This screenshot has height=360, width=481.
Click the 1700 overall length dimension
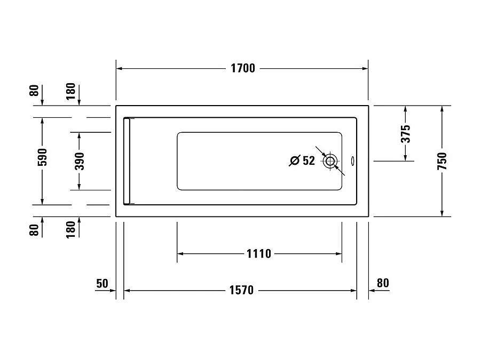(242, 68)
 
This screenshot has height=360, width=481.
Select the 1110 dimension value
(259, 253)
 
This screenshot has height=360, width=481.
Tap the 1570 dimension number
(241, 290)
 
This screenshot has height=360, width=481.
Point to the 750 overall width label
(442, 161)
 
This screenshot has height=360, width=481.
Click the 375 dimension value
(406, 134)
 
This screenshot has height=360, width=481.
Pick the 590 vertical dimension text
(43, 157)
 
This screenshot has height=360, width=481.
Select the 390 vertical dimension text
(79, 161)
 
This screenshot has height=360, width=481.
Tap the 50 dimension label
(102, 283)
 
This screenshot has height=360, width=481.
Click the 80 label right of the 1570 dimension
(383, 283)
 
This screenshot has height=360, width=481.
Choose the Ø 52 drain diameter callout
(302, 161)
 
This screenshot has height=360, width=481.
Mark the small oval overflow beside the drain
(352, 161)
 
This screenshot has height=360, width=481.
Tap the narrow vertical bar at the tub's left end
(127, 161)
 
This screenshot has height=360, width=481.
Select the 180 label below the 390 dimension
(70, 230)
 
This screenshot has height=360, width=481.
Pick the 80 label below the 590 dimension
(34, 230)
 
